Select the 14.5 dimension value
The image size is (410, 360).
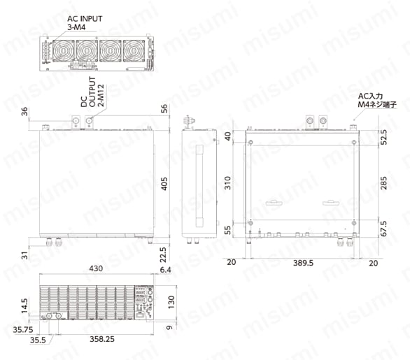click(x=24, y=305)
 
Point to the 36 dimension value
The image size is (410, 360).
click(x=24, y=112)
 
